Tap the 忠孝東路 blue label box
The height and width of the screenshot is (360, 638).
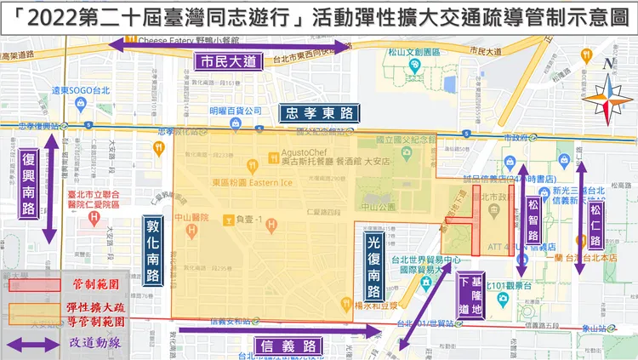318,113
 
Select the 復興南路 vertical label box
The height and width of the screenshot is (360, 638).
29,186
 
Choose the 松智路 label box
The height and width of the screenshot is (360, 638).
533,217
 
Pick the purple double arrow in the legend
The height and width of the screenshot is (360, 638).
31,344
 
